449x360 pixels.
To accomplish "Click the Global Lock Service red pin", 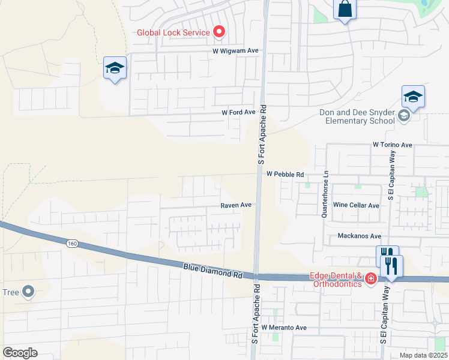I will [x=219, y=32].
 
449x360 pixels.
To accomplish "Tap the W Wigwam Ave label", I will [x=235, y=51].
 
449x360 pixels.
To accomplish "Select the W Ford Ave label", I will [x=238, y=112].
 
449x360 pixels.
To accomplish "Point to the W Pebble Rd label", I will [x=285, y=174].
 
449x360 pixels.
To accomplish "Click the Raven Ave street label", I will [x=235, y=205].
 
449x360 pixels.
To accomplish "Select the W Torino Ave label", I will [x=392, y=145].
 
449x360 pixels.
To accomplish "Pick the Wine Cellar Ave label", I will [x=357, y=205].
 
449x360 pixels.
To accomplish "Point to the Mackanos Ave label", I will [x=360, y=236].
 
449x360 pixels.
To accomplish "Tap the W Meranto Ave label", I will [x=284, y=328].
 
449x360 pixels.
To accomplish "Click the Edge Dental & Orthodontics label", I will [x=336, y=280].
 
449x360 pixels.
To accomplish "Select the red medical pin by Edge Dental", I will [x=371, y=278].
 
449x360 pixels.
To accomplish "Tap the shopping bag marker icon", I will [x=345, y=10].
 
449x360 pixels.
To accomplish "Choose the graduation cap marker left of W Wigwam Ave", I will [x=114, y=68].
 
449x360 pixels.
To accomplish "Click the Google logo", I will [x=20, y=353].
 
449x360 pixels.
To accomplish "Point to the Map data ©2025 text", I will [x=423, y=355].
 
